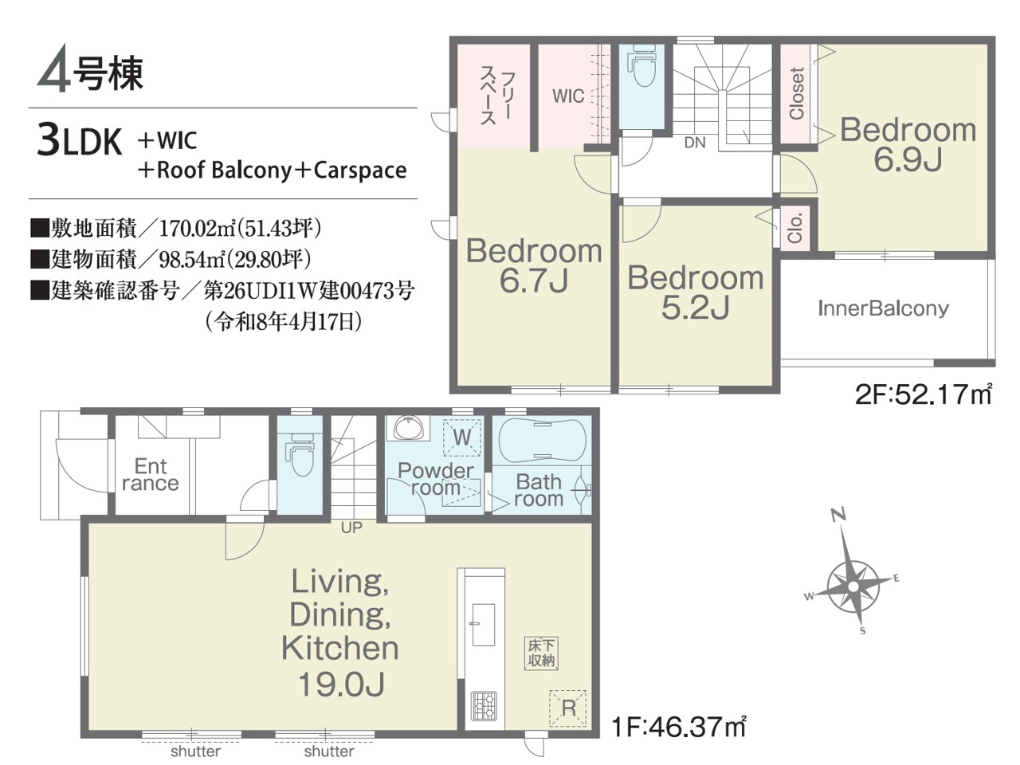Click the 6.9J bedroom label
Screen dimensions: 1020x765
(908, 144)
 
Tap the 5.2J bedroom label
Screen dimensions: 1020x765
(695, 292)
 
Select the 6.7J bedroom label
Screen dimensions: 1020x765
(534, 265)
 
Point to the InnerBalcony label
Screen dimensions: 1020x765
(883, 309)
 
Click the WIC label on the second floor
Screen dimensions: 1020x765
(568, 96)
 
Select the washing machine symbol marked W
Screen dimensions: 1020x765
(461, 437)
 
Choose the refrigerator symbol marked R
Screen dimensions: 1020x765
(568, 708)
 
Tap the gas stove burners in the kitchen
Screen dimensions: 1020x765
(484, 706)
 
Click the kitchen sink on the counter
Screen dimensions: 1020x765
(483, 625)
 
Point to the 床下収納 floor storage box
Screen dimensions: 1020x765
(541, 653)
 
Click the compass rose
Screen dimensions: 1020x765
(853, 587)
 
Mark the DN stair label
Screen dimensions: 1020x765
(695, 143)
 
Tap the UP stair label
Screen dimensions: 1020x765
(351, 528)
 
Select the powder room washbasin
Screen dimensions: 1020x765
(409, 427)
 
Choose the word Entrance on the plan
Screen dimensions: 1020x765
(150, 475)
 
